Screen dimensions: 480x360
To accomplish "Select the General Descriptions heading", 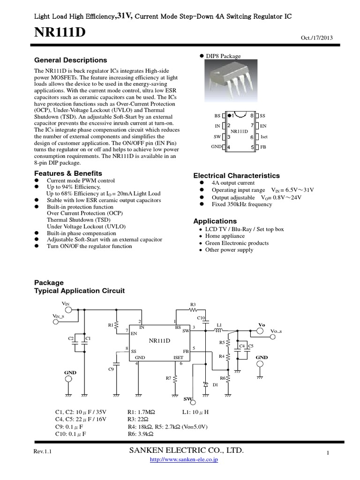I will [x=70, y=60].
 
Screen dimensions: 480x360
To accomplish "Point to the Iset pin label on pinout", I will [x=264, y=137].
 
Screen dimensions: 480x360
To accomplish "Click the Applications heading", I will [x=215, y=221].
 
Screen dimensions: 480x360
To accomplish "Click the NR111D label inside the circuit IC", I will [x=159, y=340].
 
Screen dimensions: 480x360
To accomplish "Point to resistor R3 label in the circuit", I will [x=193, y=304].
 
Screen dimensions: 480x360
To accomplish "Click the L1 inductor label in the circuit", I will [x=219, y=324].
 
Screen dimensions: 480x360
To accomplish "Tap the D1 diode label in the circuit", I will [x=216, y=384].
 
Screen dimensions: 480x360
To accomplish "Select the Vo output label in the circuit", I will [x=262, y=324].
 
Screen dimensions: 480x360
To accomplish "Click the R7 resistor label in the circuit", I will [x=168, y=378].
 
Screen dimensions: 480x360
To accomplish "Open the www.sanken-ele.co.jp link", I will [x=183, y=460].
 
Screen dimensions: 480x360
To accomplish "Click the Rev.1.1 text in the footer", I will [x=42, y=451].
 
